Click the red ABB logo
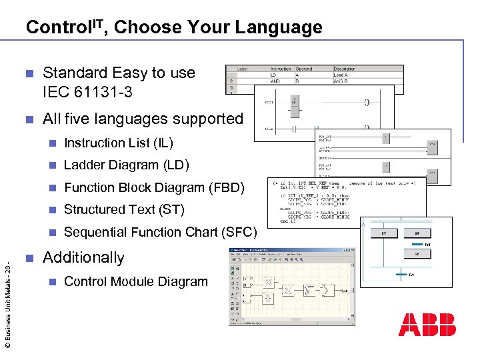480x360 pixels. [x=427, y=324]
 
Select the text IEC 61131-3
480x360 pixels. [x=87, y=92]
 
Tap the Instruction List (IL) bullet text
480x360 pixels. [x=118, y=143]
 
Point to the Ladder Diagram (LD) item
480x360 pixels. [x=126, y=165]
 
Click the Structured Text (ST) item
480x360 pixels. [x=123, y=209]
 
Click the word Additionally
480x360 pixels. [x=83, y=257]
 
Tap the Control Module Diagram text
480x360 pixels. [x=136, y=281]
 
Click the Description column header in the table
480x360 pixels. [x=345, y=69]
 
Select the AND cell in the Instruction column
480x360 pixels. [x=273, y=81]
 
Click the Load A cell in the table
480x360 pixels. [x=341, y=75]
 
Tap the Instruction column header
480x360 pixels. [x=280, y=69]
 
